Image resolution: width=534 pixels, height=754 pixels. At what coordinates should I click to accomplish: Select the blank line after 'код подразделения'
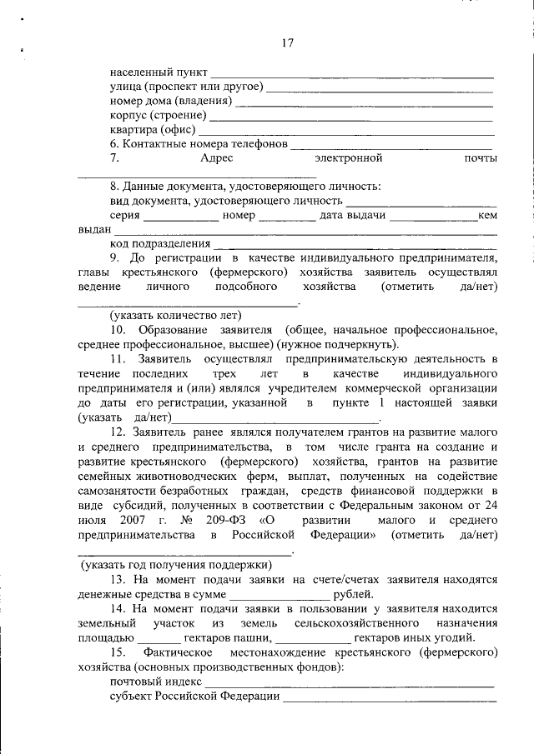click(355, 246)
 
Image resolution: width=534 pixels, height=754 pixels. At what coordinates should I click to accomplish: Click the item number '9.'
click(115, 258)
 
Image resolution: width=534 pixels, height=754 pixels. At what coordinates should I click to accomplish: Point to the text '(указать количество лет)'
click(176, 315)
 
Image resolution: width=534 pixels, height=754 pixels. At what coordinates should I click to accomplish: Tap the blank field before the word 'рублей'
click(279, 596)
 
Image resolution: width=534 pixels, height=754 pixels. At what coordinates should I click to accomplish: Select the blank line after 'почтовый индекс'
click(350, 683)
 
